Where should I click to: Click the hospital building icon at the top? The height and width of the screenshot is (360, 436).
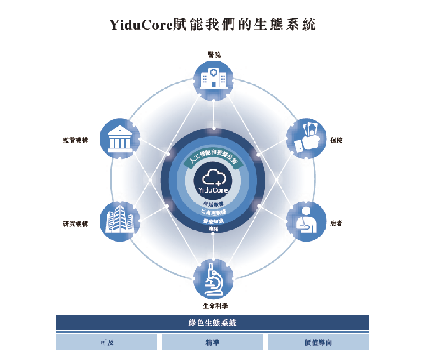pyautogui.click(x=213, y=79)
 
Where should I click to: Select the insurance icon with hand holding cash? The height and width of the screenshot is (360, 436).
pyautogui.click(x=306, y=138)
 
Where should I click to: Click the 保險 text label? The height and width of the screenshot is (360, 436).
pyautogui.click(x=336, y=140)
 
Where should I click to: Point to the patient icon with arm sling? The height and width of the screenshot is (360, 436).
pyautogui.click(x=306, y=221)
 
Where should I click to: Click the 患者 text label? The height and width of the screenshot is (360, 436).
pyautogui.click(x=336, y=223)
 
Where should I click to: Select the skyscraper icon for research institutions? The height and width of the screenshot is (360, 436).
pyautogui.click(x=120, y=220)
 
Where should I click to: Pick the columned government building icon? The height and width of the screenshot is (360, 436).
pyautogui.click(x=120, y=138)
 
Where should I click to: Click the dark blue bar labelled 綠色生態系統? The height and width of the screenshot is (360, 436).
pyautogui.click(x=213, y=323)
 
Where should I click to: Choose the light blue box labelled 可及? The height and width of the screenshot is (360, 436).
pyautogui.click(x=107, y=342)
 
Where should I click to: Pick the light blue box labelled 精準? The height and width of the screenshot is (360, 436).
pyautogui.click(x=213, y=342)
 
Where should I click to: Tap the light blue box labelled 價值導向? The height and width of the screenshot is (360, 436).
pyautogui.click(x=318, y=342)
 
